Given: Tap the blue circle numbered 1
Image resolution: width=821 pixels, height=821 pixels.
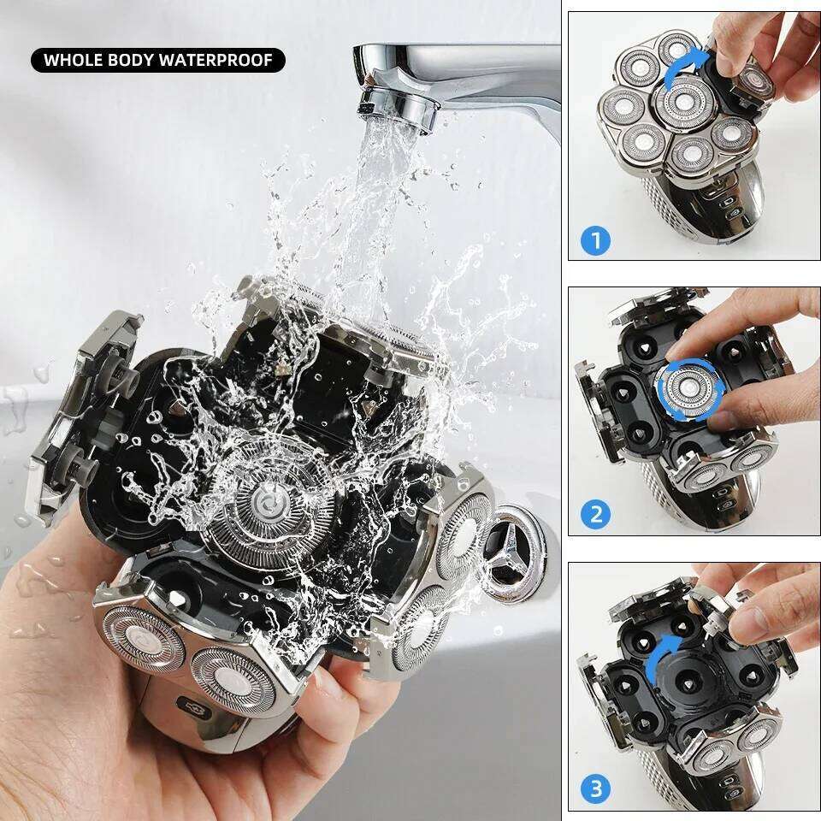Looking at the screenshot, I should [x=596, y=240].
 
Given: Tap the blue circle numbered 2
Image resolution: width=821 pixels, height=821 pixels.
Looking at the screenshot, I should [x=596, y=515].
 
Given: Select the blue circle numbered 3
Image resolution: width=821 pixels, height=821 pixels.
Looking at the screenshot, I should [x=596, y=789].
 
